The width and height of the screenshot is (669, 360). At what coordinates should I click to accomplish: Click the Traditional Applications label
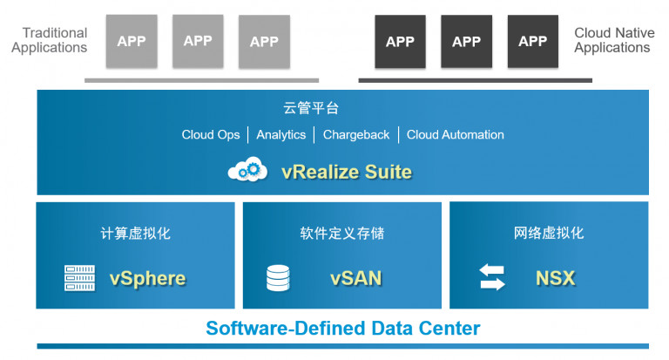50,40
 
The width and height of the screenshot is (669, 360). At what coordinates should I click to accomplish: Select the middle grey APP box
198,41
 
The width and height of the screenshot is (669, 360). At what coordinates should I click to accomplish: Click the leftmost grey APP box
132,41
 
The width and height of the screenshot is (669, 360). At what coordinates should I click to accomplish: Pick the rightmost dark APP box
532,41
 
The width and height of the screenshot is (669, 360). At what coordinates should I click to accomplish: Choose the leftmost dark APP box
400,41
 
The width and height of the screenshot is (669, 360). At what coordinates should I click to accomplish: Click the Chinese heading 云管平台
311,109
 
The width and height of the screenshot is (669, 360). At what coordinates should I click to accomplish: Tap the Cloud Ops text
211,135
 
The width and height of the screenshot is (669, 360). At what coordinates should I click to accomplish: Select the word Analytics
281,135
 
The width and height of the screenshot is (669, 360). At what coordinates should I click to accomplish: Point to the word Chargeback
356,135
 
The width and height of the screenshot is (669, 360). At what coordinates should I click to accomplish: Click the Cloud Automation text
456,135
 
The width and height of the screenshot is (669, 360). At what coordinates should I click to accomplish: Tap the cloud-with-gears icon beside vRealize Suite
247,170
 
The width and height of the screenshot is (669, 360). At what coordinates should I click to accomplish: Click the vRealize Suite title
347,171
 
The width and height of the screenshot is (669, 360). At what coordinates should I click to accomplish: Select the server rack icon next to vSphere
80,278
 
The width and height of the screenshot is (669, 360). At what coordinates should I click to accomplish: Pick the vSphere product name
147,279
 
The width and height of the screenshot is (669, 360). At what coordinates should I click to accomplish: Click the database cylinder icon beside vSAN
278,278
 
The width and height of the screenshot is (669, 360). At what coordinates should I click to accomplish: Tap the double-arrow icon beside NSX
492,278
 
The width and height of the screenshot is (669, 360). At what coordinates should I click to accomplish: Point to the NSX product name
555,279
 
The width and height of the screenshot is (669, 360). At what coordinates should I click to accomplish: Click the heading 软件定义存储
342,234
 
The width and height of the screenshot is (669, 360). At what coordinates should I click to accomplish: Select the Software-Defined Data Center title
342,329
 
